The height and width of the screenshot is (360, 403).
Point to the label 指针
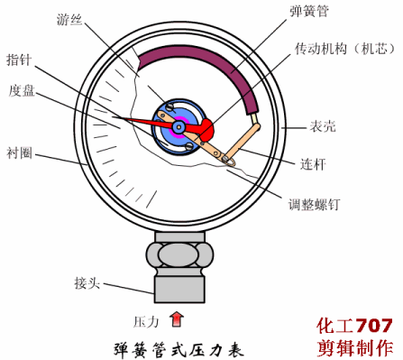point(19,60)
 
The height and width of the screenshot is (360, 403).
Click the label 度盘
point(22,90)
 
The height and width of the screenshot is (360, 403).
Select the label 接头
point(87,282)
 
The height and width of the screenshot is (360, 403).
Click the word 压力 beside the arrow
point(146,321)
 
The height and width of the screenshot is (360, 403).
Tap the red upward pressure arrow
point(177,318)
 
